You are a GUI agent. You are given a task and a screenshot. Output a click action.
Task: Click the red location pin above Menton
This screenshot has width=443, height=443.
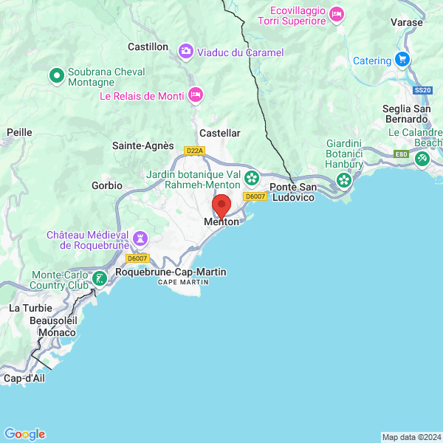coord(221,205)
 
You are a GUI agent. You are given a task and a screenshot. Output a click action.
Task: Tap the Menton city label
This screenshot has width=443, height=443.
coord(221,221)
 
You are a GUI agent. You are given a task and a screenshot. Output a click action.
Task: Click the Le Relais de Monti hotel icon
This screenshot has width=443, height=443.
coord(195,94)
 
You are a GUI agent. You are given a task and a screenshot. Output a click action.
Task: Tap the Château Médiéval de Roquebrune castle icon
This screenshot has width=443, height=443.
coord(140,238)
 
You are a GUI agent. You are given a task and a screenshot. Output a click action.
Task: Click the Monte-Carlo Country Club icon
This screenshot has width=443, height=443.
coord(99,279)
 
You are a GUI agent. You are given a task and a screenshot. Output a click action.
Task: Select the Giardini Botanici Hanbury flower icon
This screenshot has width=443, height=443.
coord(343,179)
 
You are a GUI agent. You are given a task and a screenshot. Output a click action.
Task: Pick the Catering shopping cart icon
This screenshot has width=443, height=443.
coord(402,59)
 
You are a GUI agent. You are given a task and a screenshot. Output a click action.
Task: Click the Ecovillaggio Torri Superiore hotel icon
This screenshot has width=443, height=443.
coord(337,14)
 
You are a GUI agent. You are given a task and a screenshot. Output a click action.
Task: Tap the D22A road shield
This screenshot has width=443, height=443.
coord(194,150)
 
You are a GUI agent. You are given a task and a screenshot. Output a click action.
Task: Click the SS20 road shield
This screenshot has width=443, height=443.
coord(422,90)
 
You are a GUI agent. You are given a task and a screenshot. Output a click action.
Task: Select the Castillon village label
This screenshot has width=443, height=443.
coord(148,47)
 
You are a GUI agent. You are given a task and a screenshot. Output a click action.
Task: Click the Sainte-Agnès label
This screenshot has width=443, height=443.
coord(143,145)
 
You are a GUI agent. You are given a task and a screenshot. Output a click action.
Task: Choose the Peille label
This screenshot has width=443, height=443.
coord(19,131)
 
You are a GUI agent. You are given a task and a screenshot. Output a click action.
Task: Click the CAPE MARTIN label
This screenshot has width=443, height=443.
coord(178,283)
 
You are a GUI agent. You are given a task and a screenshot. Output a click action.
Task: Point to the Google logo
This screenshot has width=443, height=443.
coord(25,434)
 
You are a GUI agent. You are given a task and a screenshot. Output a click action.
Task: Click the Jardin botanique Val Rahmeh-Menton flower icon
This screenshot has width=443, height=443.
coord(252,177)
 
